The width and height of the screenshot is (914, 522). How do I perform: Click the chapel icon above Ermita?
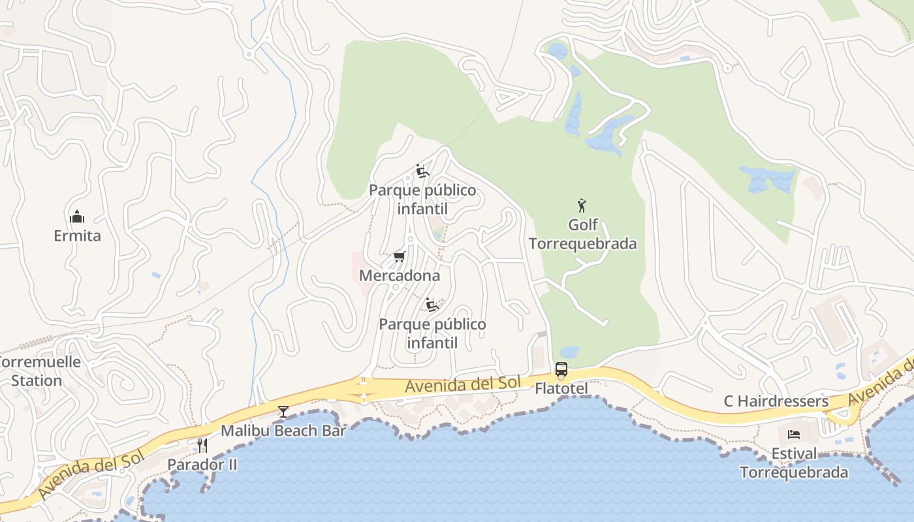pos(77,217)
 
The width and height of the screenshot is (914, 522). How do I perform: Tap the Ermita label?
pos(77,236)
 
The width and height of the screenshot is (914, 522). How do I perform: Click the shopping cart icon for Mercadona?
pos(399,257)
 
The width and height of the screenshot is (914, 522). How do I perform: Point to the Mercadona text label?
pos(400,276)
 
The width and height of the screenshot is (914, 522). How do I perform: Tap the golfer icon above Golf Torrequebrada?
pos(582,206)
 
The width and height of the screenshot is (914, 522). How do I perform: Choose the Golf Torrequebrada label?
pos(582,234)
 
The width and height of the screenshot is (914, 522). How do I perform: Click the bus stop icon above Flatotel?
pos(561,370)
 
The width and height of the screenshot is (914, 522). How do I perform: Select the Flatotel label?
pos(561,389)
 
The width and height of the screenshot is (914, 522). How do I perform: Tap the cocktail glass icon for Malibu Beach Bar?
pos(283,411)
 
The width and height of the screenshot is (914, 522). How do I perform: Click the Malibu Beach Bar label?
pos(283,431)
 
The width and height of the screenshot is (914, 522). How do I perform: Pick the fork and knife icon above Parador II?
pos(202,446)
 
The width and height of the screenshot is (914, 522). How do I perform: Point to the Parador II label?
pos(202,465)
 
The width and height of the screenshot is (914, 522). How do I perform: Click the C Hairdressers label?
pos(776,401)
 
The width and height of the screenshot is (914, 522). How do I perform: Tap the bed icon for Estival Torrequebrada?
pos(794,435)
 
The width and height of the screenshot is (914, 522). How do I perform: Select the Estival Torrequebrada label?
pos(794,463)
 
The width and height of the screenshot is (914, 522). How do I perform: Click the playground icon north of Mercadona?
pos(422,172)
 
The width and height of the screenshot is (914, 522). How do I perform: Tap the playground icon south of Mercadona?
pos(432,305)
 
